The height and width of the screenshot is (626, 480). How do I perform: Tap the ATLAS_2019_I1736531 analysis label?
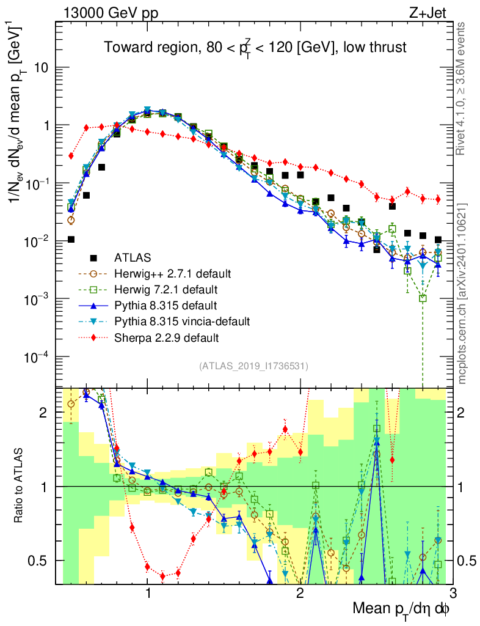point(253,366)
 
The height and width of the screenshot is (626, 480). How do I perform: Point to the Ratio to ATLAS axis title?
point(20,486)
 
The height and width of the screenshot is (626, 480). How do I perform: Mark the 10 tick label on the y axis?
point(42,67)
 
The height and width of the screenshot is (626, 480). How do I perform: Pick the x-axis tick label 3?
point(452,592)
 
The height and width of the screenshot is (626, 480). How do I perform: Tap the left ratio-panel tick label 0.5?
point(41,561)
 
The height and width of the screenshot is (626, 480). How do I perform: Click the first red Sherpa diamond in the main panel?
point(71,156)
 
